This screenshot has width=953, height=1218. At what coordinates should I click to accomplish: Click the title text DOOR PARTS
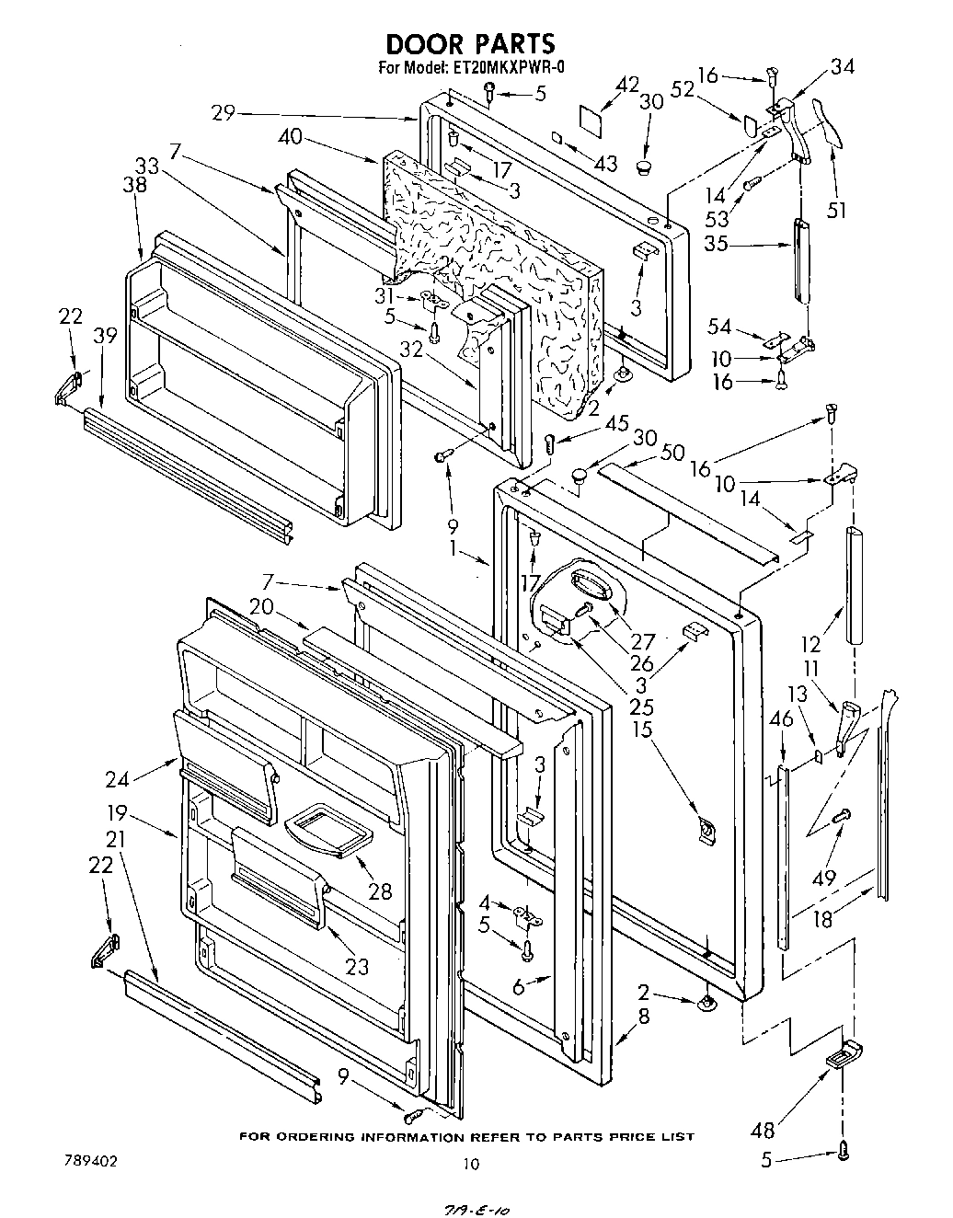click(469, 43)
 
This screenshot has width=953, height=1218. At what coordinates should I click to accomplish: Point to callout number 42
click(626, 85)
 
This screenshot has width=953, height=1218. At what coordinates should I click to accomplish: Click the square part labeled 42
click(590, 118)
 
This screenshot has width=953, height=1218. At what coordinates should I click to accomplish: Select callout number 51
click(836, 212)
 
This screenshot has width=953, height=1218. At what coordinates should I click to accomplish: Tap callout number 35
click(717, 246)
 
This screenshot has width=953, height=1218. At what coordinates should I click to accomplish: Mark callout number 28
click(379, 891)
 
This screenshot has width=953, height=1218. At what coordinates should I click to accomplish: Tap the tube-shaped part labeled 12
click(855, 586)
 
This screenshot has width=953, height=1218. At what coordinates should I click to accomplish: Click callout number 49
click(824, 878)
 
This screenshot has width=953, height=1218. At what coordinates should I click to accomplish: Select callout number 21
click(115, 839)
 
